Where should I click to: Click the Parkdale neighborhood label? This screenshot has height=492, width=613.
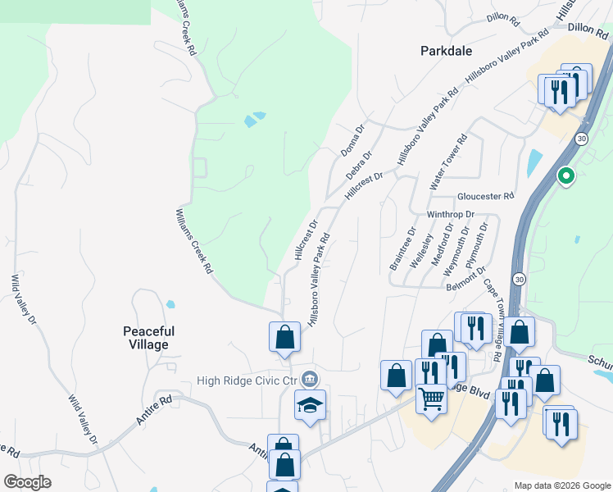point(446,51)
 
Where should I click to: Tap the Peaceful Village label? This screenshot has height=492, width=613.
point(149,338)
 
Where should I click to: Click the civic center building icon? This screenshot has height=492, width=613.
point(310,379)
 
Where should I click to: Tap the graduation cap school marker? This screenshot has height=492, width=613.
point(311,405)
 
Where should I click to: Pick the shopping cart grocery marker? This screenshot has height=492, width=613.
point(431,399)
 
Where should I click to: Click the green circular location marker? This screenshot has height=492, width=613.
point(565,175)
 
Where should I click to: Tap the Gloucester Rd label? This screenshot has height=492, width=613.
point(485,197)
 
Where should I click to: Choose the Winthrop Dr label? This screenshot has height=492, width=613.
point(451,214)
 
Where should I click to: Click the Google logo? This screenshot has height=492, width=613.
point(27,482)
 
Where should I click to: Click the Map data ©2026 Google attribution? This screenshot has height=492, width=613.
point(561,485)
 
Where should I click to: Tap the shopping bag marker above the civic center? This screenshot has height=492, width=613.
point(284,336)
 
